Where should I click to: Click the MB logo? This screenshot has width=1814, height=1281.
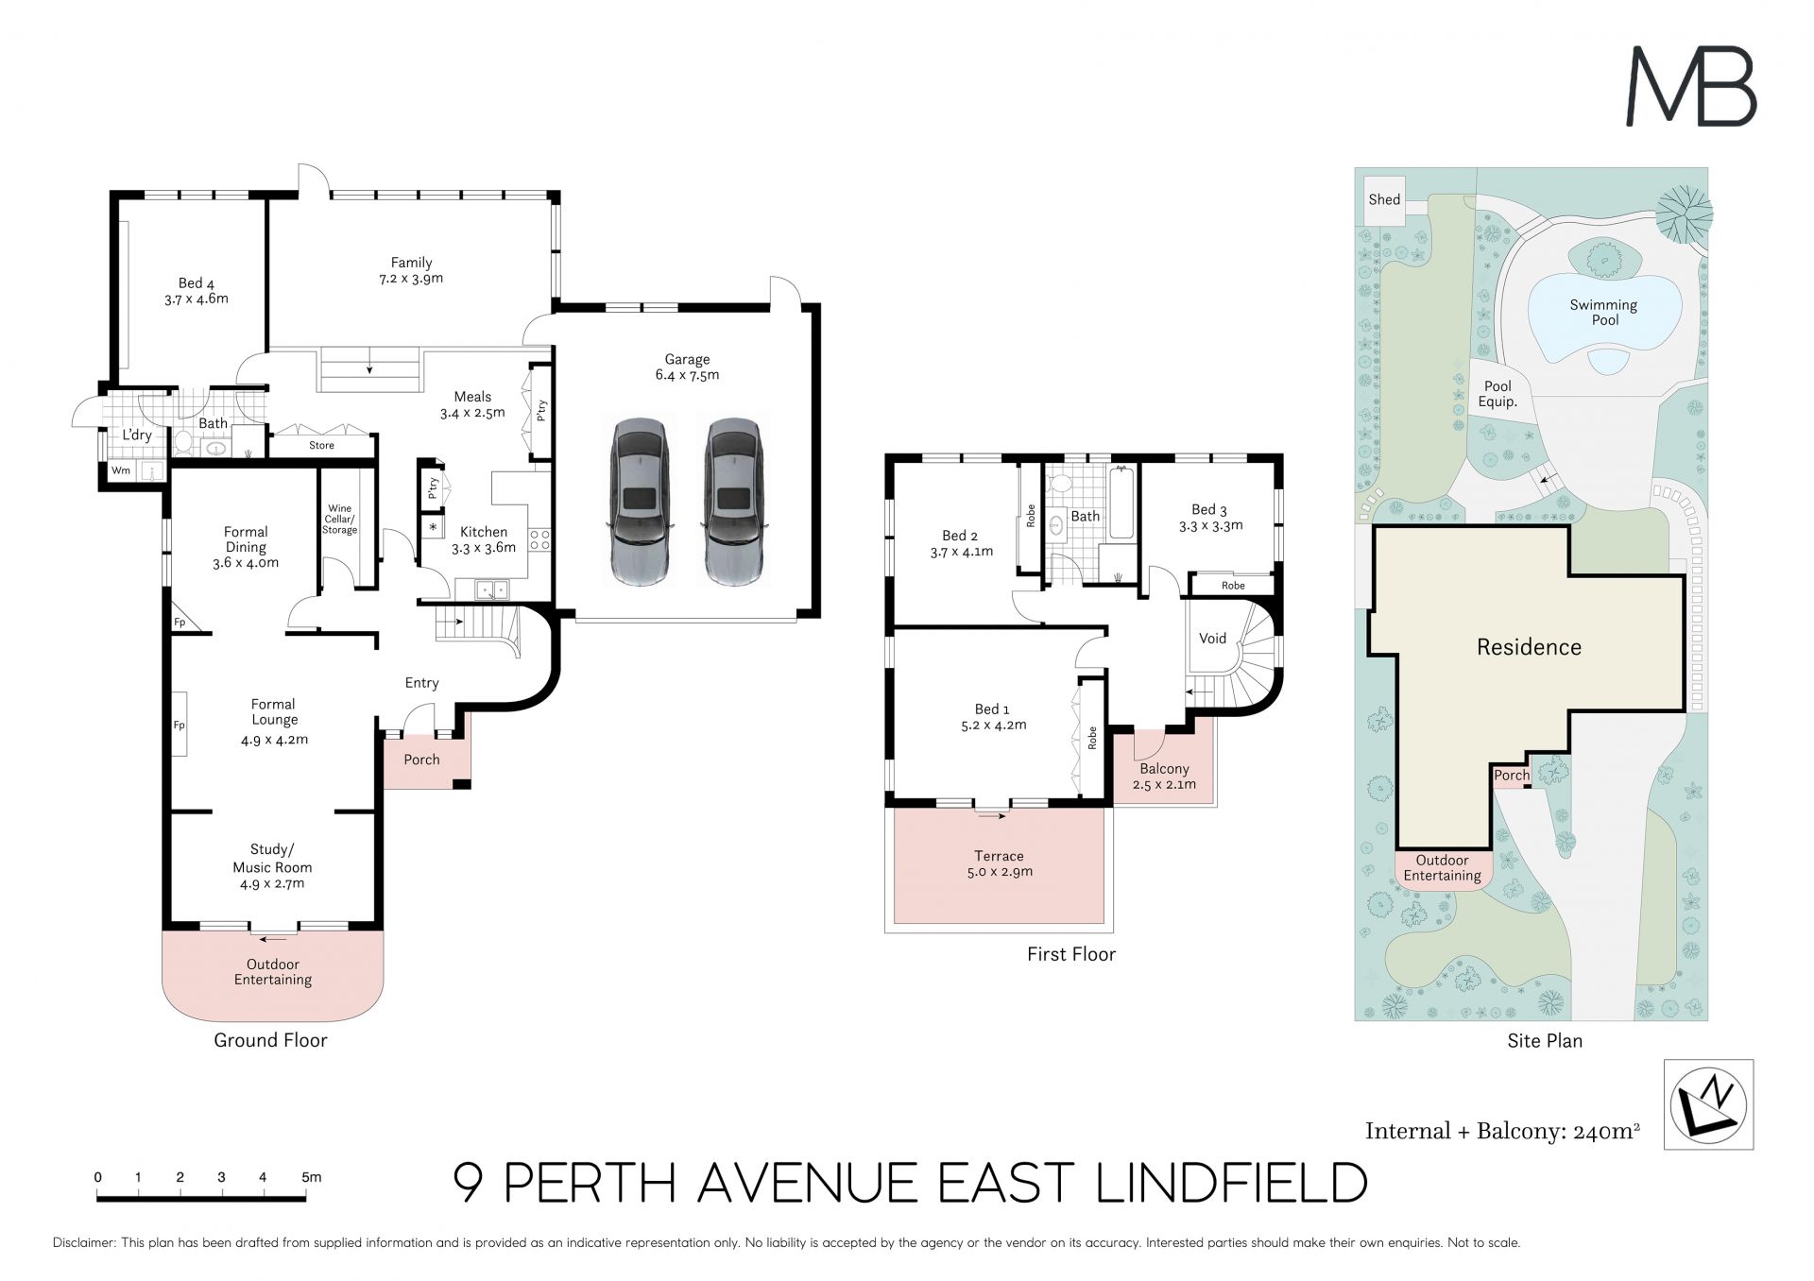tap(1690, 87)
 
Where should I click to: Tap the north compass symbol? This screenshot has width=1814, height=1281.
tap(1708, 1104)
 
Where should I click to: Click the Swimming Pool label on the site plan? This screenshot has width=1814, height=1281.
tap(1603, 313)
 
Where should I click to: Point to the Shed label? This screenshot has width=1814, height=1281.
tap(1384, 199)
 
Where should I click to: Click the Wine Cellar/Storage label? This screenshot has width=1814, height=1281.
tap(339, 520)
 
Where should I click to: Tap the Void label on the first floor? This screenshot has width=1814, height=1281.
tap(1212, 639)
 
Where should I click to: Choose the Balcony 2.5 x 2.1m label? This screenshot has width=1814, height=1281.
tap(1164, 777)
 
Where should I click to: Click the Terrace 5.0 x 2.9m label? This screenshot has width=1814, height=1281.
tap(999, 863)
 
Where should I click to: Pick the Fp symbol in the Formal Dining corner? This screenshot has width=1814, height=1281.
tap(180, 623)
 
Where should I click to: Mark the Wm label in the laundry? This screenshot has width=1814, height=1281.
tap(121, 470)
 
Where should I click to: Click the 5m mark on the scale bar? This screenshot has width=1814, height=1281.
tap(312, 1177)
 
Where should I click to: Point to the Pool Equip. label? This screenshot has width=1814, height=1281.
tap(1497, 394)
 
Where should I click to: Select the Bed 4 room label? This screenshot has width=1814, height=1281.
tap(197, 291)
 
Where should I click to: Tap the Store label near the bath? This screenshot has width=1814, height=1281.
tap(321, 445)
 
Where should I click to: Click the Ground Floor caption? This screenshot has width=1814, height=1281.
tap(270, 1040)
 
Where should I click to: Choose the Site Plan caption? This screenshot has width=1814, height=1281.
tap(1545, 1041)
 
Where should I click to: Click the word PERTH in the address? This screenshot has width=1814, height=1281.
tap(590, 1183)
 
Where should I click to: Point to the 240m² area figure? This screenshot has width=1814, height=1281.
tap(1606, 1131)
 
